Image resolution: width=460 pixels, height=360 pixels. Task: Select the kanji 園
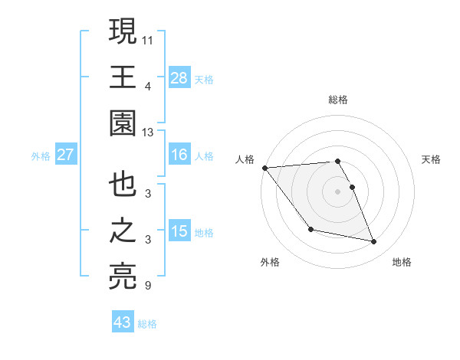[x=123, y=123]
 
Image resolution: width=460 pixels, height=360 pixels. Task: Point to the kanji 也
[x=123, y=186]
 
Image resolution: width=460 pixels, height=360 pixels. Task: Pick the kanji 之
[x=123, y=231]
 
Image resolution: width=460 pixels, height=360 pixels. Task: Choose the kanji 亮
[x=123, y=277]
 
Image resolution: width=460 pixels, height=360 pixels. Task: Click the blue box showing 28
[x=179, y=77]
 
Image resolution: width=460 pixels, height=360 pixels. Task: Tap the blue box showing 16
[x=179, y=155]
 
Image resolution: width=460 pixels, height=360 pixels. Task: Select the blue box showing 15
[x=179, y=231]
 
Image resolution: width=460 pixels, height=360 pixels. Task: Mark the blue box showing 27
[x=66, y=155]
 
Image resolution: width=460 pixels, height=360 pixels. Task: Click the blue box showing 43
[x=123, y=322]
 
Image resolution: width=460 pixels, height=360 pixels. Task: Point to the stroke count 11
[x=148, y=39]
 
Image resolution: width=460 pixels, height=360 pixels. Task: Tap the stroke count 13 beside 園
[x=148, y=133]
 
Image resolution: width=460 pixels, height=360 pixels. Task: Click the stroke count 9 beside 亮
[x=147, y=286]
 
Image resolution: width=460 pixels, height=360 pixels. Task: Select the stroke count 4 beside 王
[x=147, y=86]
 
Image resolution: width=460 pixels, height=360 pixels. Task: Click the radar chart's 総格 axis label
[x=338, y=100]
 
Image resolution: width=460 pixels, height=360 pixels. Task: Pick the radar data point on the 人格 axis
[x=265, y=168]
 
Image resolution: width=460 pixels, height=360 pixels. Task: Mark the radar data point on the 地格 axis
[x=374, y=242]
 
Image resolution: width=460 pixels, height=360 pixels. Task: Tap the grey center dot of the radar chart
[x=338, y=191]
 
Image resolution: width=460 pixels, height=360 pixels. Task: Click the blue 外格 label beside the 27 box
[x=41, y=155]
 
